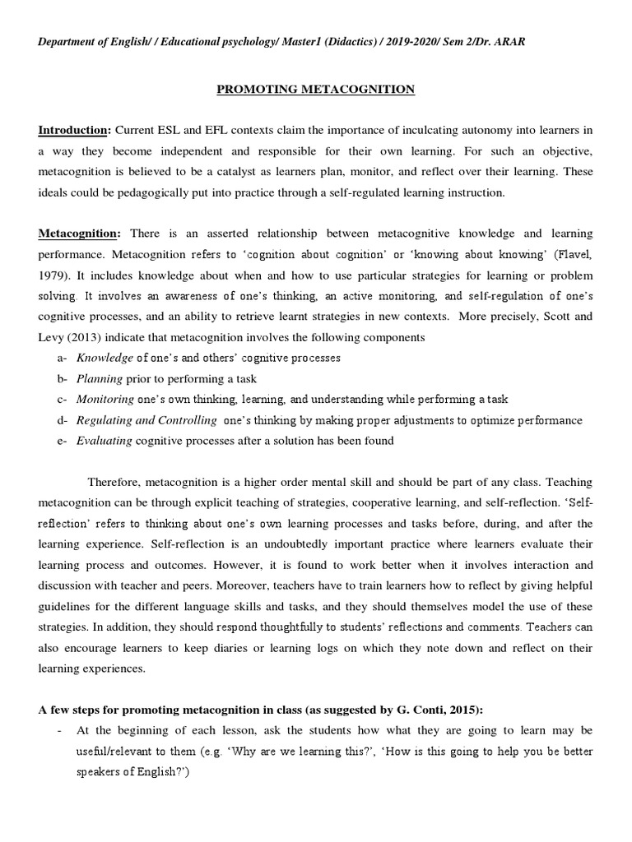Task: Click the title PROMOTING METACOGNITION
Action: tap(316, 89)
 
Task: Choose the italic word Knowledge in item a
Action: tap(105, 358)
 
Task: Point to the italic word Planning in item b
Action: tap(100, 378)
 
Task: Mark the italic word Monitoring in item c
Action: tap(105, 399)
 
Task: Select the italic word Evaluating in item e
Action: tap(104, 440)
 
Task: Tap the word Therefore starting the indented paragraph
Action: tap(115, 481)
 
